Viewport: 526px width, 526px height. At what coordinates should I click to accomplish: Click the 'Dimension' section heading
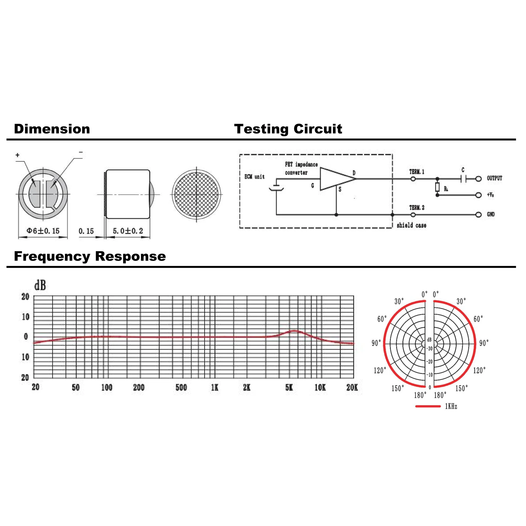pos(52,129)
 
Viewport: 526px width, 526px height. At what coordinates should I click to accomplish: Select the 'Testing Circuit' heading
pos(288,129)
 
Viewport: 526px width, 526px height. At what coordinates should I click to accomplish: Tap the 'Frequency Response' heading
pos(90,256)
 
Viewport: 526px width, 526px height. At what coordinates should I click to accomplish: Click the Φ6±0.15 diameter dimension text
pos(43,231)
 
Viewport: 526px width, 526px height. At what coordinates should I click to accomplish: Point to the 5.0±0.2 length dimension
pos(128,231)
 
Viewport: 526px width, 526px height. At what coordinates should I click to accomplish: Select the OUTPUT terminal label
pos(494,178)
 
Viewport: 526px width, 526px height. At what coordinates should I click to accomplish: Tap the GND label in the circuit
pos(490,214)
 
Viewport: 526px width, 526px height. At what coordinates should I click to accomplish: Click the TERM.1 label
pos(417,172)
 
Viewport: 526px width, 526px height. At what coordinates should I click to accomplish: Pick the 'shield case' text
pos(411,225)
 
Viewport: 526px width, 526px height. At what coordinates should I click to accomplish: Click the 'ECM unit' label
pos(254,177)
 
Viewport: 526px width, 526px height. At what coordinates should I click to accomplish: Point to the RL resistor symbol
pos(437,187)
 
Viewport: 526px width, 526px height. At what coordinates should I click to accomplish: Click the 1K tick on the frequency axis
pos(215,387)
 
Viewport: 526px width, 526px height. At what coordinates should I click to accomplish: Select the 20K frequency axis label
pos(352,387)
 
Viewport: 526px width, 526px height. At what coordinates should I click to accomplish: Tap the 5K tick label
pos(289,387)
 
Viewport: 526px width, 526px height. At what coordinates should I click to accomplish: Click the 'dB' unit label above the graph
pos(40,286)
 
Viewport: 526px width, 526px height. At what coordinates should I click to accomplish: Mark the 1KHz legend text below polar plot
pos(451,407)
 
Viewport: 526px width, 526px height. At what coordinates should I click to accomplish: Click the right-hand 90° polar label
pos(484,343)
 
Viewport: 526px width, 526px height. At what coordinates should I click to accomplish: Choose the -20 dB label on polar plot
pos(429,362)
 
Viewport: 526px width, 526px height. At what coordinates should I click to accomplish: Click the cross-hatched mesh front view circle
pos(196,194)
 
